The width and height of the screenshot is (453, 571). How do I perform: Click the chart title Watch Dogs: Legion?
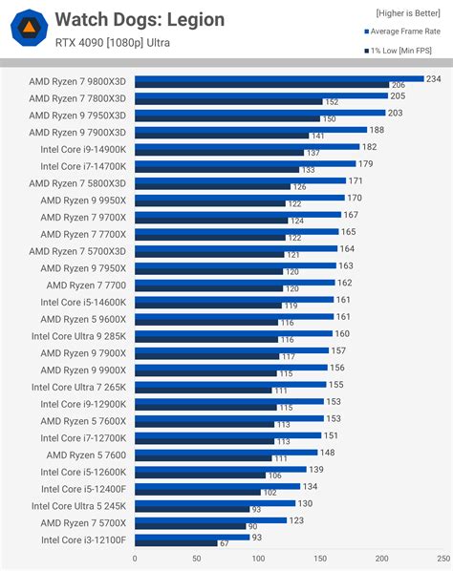(x=140, y=19)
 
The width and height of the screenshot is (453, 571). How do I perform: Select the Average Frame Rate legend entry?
(x=406, y=32)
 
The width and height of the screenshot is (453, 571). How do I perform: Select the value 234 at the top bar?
(x=434, y=79)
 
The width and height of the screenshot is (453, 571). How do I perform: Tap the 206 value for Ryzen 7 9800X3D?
(x=399, y=85)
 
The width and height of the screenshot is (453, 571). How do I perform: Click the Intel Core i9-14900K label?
(x=82, y=149)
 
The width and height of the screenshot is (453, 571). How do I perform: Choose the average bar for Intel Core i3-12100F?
(x=191, y=537)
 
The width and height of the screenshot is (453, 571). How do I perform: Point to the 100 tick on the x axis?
(x=258, y=559)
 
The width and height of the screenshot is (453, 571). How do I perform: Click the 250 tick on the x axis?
(x=443, y=559)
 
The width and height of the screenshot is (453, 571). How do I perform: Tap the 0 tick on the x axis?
(x=135, y=559)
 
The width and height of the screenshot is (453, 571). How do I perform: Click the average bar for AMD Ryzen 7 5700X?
(x=210, y=519)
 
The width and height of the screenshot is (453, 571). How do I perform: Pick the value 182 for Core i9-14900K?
(x=370, y=147)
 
